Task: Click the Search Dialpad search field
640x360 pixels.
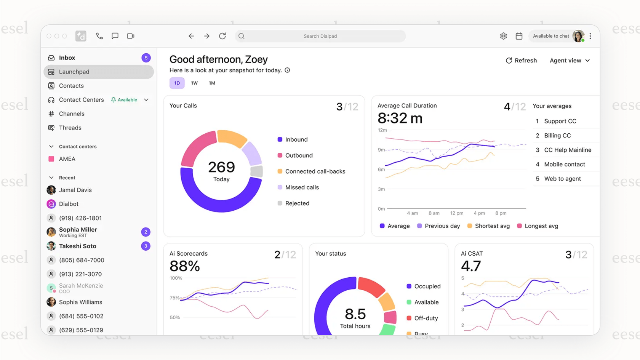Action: pos(320,36)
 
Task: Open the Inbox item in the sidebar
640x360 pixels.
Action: pos(67,58)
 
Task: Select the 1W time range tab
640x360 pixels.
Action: pos(194,83)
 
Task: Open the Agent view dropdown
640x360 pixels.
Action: pos(570,61)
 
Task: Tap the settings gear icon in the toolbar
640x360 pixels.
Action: pos(503,36)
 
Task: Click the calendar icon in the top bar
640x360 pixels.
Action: pos(519,36)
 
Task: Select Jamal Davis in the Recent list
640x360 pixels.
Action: pos(75,190)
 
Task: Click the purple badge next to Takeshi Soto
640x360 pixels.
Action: pos(146,246)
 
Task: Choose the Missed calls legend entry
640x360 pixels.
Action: pos(302,187)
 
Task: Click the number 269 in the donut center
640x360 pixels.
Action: pos(221,167)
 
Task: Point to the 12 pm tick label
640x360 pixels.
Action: pos(456,213)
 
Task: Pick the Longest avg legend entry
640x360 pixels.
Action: pos(541,226)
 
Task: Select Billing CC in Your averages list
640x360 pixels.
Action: pos(557,136)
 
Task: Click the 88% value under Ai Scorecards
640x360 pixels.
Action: pos(185,266)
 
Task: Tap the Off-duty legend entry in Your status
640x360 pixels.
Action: pos(426,318)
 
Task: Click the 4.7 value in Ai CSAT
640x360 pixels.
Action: pos(471,266)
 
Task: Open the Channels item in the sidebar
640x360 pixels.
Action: pos(72,114)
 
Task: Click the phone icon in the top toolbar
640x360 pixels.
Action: pos(99,36)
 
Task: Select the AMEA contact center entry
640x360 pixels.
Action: pos(67,159)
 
